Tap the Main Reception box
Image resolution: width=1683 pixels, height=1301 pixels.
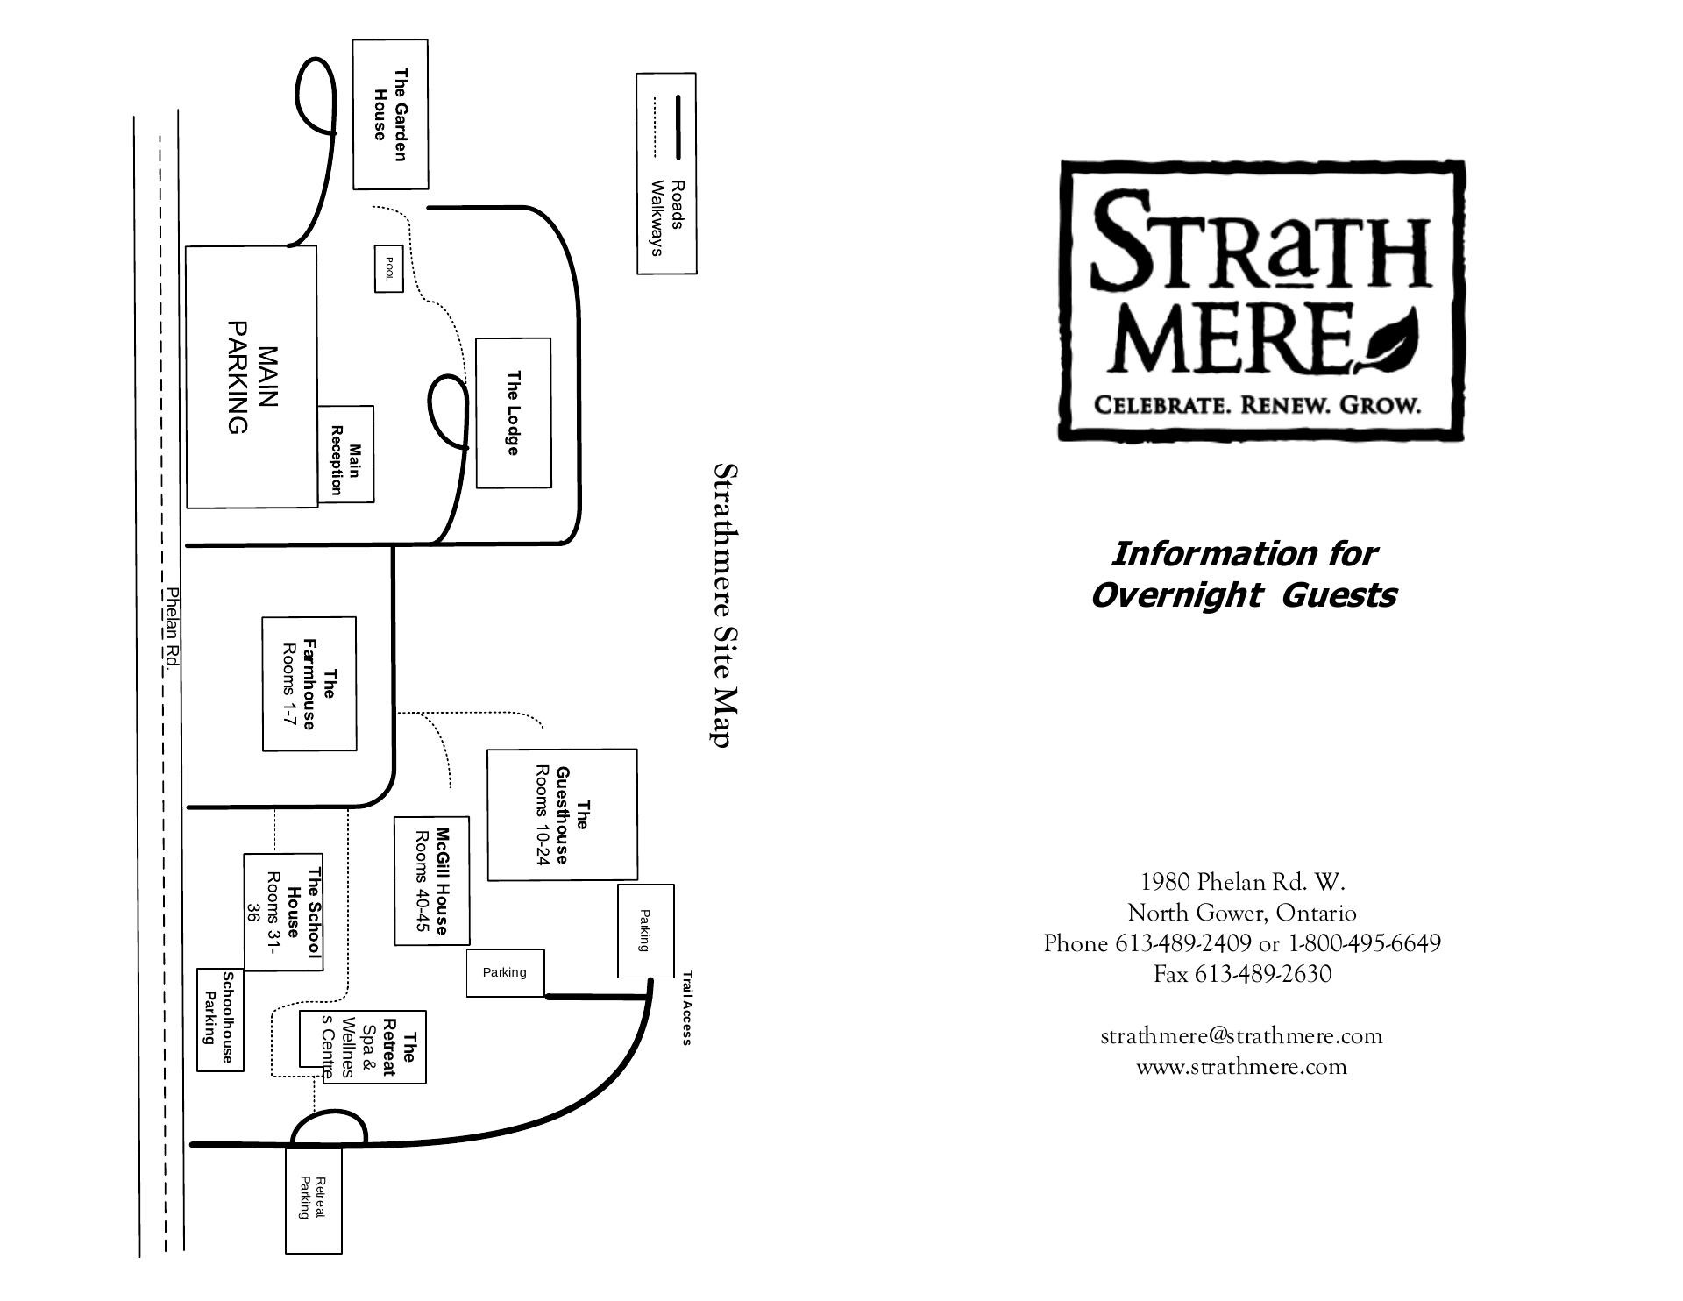(345, 454)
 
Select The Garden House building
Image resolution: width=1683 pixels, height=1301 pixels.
(390, 114)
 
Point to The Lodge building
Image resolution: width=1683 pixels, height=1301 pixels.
(514, 412)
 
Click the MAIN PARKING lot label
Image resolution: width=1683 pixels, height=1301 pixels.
(252, 377)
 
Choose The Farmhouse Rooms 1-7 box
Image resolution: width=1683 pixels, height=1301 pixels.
(309, 684)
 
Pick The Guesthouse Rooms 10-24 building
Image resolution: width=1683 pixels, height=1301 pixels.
(562, 814)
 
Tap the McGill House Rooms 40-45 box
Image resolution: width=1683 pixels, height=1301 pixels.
(431, 881)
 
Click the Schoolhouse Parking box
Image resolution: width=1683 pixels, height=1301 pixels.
(219, 1020)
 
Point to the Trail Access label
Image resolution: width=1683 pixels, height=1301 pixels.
(687, 1007)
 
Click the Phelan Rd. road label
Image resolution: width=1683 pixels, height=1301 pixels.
(173, 629)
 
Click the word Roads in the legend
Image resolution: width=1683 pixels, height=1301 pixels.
(677, 204)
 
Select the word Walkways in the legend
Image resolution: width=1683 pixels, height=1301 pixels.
(656, 217)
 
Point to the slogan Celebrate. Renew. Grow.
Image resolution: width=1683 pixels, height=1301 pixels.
(1256, 405)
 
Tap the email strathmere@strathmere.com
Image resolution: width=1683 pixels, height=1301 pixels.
(1241, 1035)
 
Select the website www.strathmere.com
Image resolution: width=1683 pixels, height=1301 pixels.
(1241, 1067)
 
